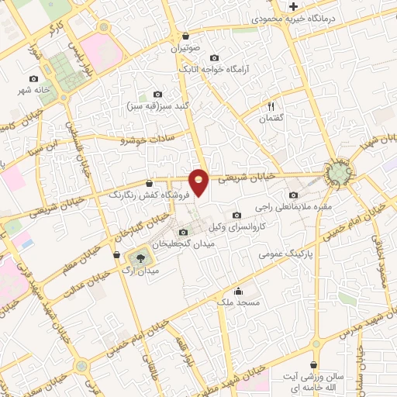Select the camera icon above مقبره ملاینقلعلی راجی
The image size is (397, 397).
(x=293, y=195)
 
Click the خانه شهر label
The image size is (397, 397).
(x=36, y=90)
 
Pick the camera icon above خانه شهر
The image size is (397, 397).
(x=33, y=78)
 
